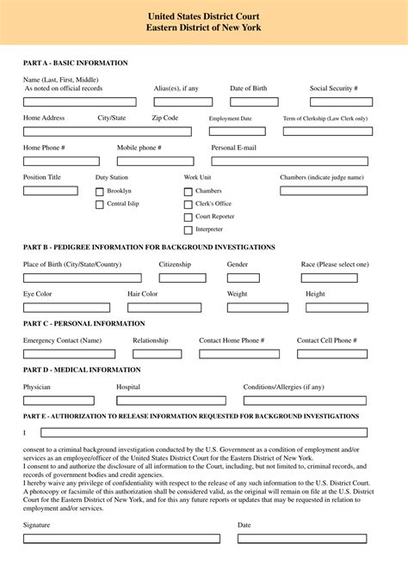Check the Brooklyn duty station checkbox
[100, 191]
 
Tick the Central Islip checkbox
[100, 205]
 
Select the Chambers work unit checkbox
[188, 191]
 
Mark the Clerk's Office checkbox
[188, 205]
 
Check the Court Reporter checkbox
[188, 217]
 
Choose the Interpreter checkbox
[188, 230]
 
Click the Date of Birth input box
[254, 102]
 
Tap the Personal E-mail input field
[289, 161]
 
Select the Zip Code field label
[165, 118]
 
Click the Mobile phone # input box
[156, 161]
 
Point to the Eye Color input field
[66, 308]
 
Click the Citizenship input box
[185, 278]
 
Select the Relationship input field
[157, 354]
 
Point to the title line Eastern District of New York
[204, 28]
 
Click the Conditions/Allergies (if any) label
[283, 388]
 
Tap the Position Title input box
[50, 191]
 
